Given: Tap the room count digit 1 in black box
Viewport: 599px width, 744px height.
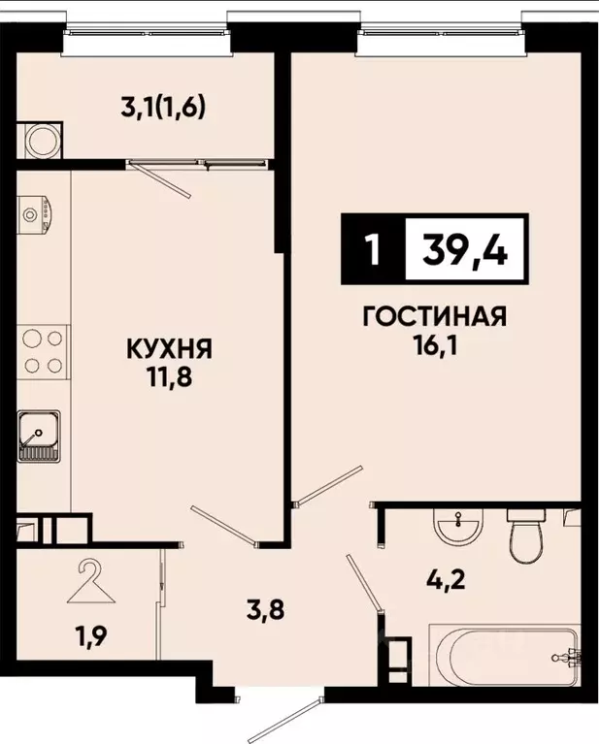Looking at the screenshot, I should pyautogui.click(x=370, y=252).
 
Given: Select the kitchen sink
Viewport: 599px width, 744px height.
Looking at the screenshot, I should pyautogui.click(x=39, y=437).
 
